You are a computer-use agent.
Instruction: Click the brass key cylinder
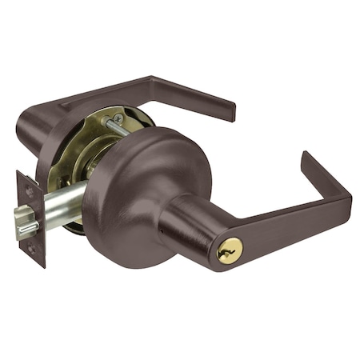(230, 250)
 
